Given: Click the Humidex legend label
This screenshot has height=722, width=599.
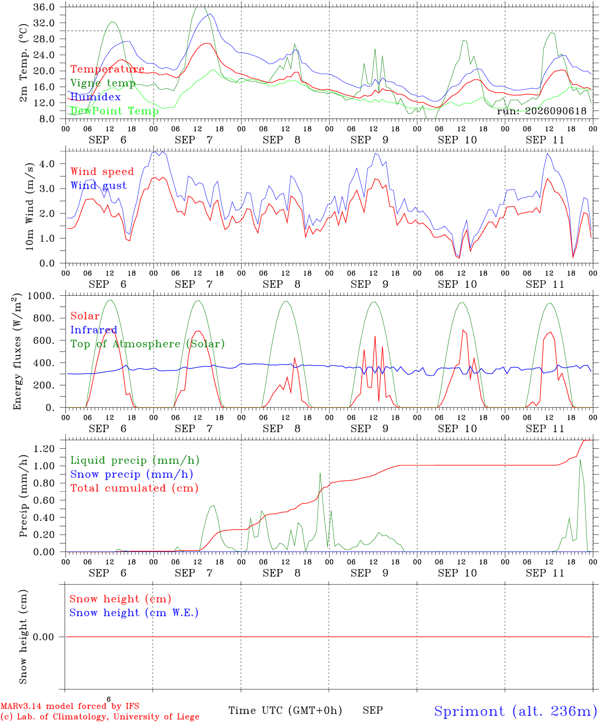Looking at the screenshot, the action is (95, 97).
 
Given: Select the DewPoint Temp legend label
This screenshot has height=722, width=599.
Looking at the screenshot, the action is (114, 111).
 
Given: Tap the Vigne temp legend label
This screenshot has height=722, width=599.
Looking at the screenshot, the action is (103, 83).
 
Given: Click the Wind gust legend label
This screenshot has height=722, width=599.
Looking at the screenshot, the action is (99, 186).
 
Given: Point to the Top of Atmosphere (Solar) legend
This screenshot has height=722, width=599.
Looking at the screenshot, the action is (148, 344).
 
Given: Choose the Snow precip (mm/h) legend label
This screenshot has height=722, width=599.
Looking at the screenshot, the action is (132, 474).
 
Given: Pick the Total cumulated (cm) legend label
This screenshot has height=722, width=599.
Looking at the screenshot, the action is (134, 488).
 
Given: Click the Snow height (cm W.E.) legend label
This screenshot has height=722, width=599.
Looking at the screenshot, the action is (134, 613).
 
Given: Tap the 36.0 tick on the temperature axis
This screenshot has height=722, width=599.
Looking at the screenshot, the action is (44, 7).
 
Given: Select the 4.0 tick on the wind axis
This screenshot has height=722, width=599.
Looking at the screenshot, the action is (47, 163).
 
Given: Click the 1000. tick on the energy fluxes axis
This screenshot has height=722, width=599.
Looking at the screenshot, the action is (41, 296).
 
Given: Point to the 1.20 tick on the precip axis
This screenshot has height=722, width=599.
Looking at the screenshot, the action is (44, 448).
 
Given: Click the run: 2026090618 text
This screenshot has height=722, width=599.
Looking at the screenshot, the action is (541, 111).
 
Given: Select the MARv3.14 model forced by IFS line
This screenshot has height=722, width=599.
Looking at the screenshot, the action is (70, 706).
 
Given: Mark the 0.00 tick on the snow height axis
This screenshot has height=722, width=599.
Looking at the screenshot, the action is (44, 637).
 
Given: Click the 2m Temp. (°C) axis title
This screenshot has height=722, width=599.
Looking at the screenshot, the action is (23, 63).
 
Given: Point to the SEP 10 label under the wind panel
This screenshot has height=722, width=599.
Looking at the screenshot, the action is (457, 284).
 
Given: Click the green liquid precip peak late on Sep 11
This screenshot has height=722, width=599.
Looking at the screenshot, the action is (580, 459).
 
